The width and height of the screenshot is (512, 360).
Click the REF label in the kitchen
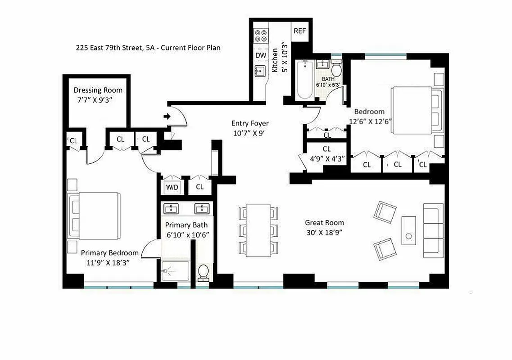(299, 31)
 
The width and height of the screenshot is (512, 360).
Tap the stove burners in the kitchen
(261, 36)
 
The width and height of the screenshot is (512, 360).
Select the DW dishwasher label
(261, 55)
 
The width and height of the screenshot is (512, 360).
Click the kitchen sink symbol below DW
(260, 72)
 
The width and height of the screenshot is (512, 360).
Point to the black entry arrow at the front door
(167, 117)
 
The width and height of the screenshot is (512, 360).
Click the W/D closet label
(172, 186)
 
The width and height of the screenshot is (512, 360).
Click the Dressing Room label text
(98, 90)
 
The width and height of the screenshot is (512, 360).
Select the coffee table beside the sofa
(409, 231)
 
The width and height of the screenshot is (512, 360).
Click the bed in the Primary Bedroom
(95, 216)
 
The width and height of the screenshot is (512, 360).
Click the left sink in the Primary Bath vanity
(172, 208)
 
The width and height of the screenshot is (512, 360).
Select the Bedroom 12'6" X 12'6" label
(369, 116)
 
